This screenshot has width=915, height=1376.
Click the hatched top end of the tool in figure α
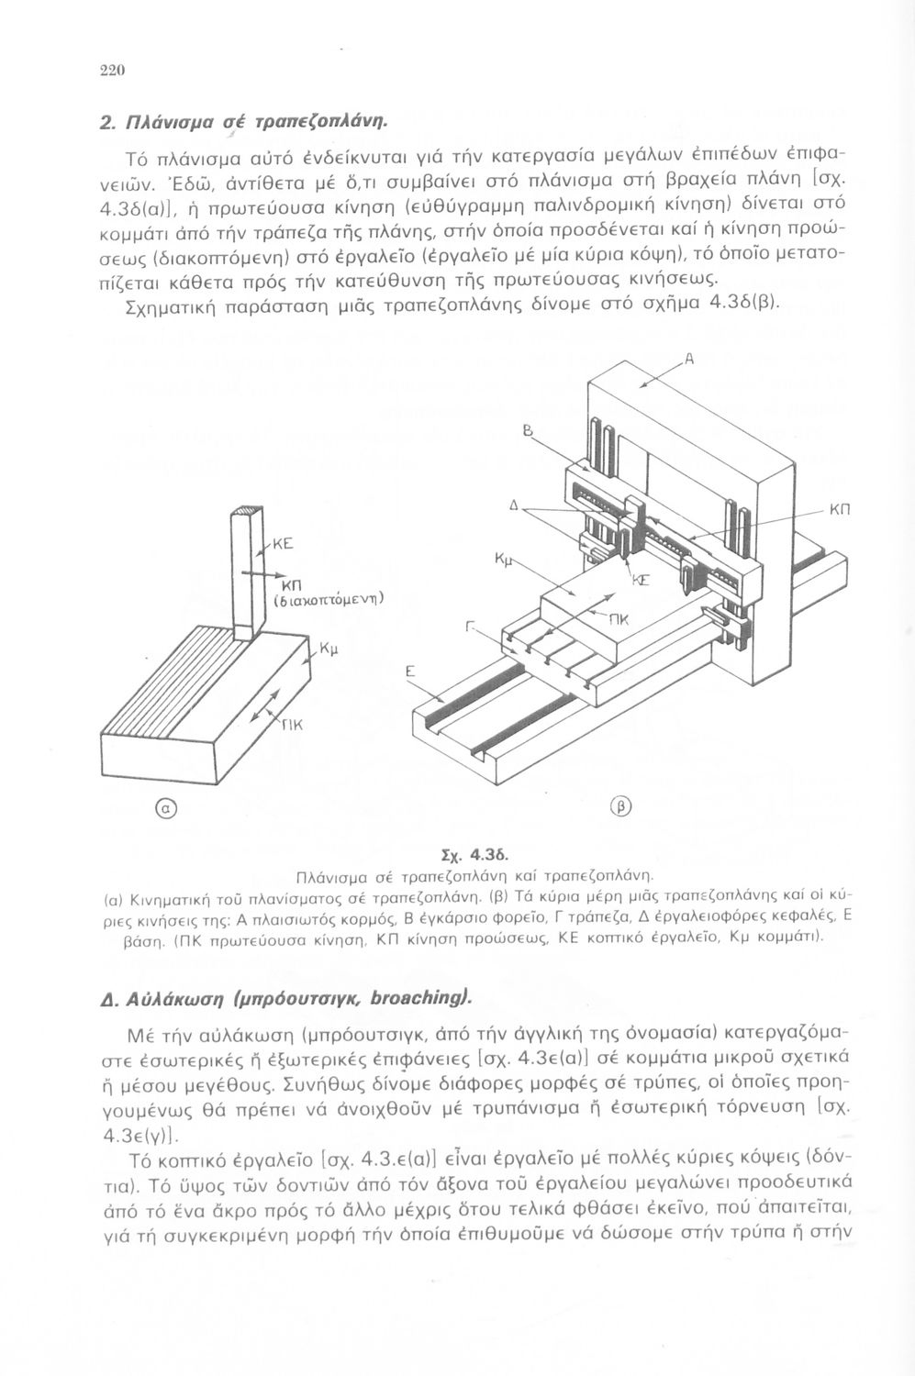pos(248,511)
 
